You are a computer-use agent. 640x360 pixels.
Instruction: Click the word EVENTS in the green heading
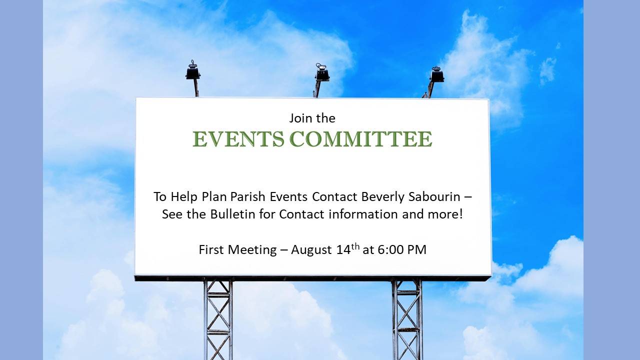pos(238,139)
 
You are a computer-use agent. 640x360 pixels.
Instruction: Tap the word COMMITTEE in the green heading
pos(361,139)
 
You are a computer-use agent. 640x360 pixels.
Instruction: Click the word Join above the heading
pos(299,118)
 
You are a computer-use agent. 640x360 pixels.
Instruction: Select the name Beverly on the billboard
pos(383,197)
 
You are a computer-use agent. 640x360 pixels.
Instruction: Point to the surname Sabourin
pos(434,196)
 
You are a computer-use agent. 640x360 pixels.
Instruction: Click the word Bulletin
pos(232,214)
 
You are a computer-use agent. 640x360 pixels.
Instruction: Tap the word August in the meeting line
pos(311,250)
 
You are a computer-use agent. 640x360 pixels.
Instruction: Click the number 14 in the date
pos(343,249)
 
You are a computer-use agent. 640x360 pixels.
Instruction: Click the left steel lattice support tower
pos(218,320)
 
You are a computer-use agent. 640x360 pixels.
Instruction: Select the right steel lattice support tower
pos(407,320)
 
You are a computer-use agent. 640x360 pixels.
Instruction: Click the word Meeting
pos(252,250)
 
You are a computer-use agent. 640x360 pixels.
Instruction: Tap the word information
pos(363,214)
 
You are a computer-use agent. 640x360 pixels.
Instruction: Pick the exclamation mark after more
pos(460,214)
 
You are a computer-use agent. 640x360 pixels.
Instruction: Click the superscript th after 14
pos(355,246)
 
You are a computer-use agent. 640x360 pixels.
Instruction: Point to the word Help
pos(184,196)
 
